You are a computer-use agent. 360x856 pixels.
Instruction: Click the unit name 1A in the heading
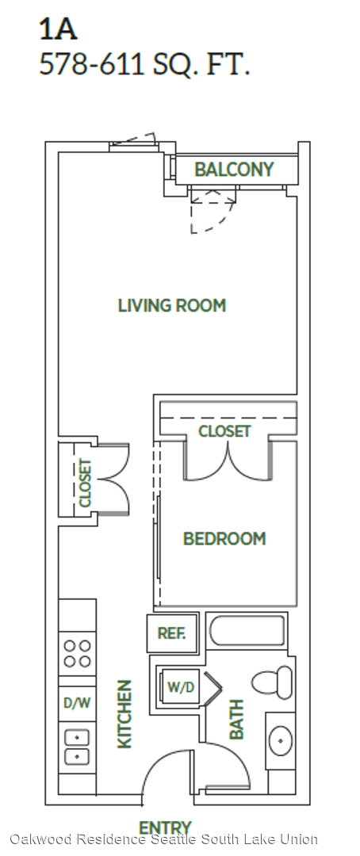pyautogui.click(x=58, y=29)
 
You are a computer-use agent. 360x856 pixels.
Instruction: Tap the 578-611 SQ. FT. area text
pyautogui.click(x=145, y=64)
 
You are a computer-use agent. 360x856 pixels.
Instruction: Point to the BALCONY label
pyautogui.click(x=234, y=170)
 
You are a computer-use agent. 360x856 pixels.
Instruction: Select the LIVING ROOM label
pyautogui.click(x=172, y=305)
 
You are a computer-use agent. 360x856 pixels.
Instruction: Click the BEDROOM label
pyautogui.click(x=224, y=539)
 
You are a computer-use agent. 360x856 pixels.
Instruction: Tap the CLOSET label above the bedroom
pyautogui.click(x=224, y=431)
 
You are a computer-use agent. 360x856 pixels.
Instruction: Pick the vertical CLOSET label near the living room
pyautogui.click(x=86, y=483)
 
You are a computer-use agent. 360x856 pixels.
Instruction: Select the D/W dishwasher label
pyautogui.click(x=76, y=703)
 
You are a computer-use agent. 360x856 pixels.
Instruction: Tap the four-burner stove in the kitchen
pyautogui.click(x=77, y=654)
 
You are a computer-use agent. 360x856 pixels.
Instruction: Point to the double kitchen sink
pyautogui.click(x=77, y=747)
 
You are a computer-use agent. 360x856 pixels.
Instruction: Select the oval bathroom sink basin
pyautogui.click(x=280, y=740)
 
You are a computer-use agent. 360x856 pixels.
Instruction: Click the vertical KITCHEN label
pyautogui.click(x=124, y=713)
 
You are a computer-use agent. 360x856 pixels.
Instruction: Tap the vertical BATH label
pyautogui.click(x=236, y=720)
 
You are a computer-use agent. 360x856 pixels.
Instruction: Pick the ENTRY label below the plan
pyautogui.click(x=165, y=827)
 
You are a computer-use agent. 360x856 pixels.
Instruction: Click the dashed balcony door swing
pyautogui.click(x=213, y=210)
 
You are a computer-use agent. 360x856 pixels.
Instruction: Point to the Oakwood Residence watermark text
pyautogui.click(x=164, y=839)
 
